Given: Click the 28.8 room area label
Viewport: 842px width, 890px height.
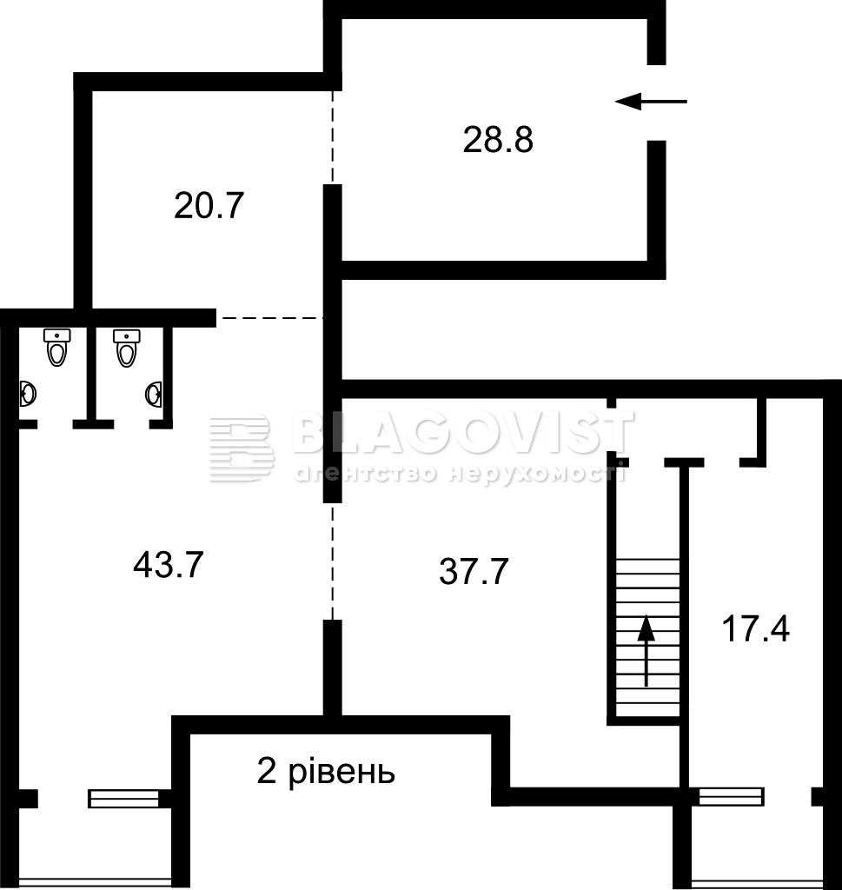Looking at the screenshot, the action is [x=498, y=140].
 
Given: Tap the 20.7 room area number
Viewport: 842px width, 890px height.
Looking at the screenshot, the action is [x=209, y=205].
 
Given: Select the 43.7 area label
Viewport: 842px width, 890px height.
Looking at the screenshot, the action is [x=168, y=565].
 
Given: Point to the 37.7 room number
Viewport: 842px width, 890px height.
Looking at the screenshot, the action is [x=474, y=571].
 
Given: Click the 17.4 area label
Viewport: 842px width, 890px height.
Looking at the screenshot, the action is [x=755, y=629].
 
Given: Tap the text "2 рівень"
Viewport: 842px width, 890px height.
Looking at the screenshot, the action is [x=326, y=772].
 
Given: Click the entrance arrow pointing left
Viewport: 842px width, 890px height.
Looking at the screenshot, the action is [x=651, y=102].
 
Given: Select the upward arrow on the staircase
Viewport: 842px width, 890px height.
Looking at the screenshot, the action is [x=646, y=650].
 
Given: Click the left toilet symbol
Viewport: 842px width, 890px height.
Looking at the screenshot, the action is [x=56, y=347].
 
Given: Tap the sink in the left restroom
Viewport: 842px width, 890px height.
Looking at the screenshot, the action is [x=28, y=393].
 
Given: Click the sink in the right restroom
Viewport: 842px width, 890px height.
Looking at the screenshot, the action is [x=154, y=395].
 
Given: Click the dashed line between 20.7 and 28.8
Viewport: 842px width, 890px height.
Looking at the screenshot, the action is [x=333, y=137].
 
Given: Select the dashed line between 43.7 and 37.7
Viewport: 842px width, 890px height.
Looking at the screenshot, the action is [x=333, y=561].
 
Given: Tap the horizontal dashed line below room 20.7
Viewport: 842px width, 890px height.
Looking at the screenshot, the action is [x=270, y=318].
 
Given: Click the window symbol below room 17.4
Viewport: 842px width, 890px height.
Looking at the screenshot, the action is [x=731, y=796].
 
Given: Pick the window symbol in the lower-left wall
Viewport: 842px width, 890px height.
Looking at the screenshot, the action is [x=123, y=798].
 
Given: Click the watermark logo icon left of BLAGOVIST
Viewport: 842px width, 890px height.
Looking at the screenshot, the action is [x=241, y=448].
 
